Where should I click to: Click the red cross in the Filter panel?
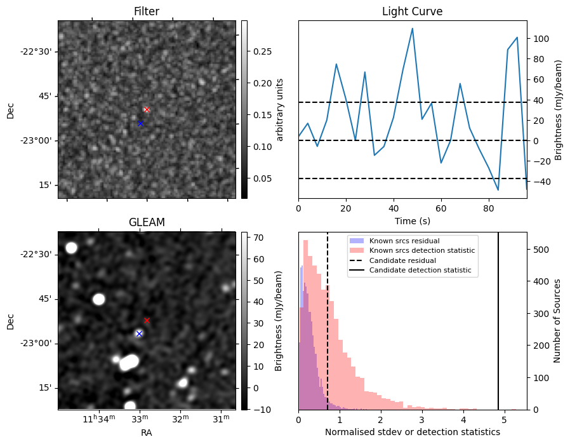click(147, 109)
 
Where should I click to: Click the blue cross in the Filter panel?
click(140, 123)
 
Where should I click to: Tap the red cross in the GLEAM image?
click(147, 320)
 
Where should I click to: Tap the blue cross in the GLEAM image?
click(139, 333)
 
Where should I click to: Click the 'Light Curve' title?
click(412, 11)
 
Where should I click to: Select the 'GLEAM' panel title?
click(147, 222)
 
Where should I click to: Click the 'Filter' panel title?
click(147, 11)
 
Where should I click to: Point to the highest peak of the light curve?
click(413, 28)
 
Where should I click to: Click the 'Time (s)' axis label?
click(412, 220)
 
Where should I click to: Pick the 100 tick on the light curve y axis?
click(540, 39)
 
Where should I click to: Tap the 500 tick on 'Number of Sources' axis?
click(540, 250)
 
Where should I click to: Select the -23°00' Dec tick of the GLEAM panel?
click(36, 343)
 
